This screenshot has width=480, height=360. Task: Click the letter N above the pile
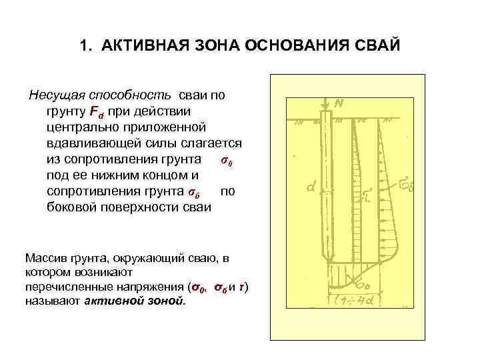(339, 103)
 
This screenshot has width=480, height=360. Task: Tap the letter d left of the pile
(310, 187)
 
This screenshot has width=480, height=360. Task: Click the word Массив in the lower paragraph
(43, 257)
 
